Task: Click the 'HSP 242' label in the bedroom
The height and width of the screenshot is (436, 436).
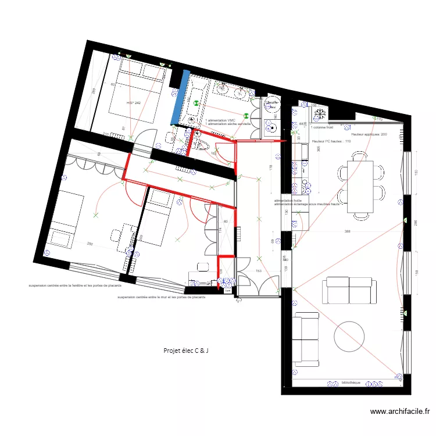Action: click(x=134, y=103)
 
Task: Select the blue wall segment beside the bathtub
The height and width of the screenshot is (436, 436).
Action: click(x=179, y=97)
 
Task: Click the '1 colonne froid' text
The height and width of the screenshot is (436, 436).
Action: click(x=323, y=127)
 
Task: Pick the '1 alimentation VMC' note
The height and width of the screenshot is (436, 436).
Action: click(x=220, y=120)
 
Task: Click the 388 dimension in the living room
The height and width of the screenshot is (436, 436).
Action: click(x=347, y=231)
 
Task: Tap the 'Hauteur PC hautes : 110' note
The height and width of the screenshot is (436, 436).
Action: click(x=331, y=141)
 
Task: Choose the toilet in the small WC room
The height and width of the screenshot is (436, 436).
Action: click(x=203, y=144)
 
